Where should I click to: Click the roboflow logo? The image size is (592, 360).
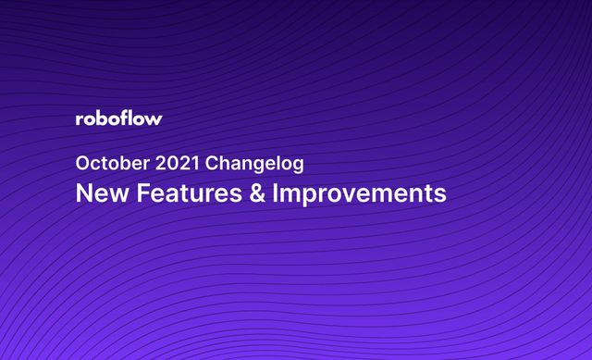click(118, 118)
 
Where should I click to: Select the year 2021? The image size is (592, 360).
click(174, 164)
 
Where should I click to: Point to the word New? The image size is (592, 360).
click(95, 194)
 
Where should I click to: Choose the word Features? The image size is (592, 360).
click(176, 194)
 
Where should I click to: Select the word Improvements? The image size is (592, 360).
click(358, 195)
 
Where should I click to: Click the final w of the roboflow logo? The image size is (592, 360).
click(154, 119)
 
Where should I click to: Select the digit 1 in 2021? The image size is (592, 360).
click(193, 164)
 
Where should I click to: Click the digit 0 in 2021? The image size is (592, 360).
click(168, 164)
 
